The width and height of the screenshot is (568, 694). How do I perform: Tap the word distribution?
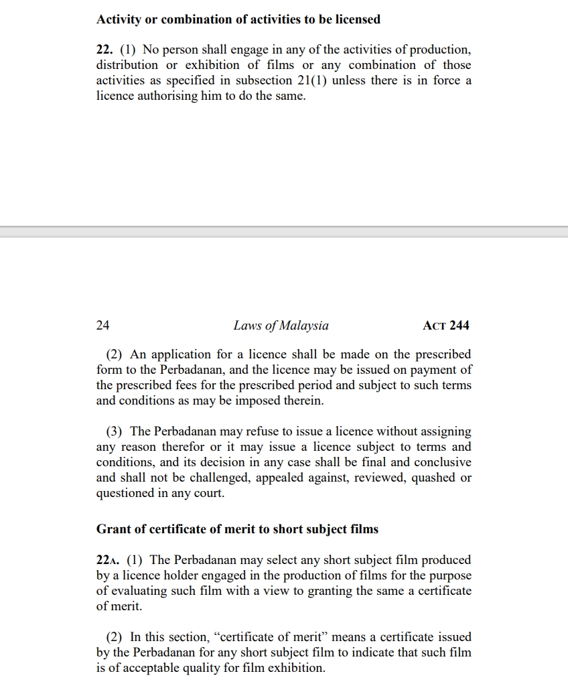click(127, 65)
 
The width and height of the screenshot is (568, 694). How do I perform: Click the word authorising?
click(152, 96)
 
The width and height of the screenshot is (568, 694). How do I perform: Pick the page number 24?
click(103, 326)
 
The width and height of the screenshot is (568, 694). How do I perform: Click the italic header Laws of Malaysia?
click(281, 326)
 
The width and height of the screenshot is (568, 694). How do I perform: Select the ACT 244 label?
click(446, 326)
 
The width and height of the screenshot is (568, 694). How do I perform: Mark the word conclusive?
click(442, 462)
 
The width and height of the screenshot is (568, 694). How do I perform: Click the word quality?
click(208, 668)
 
